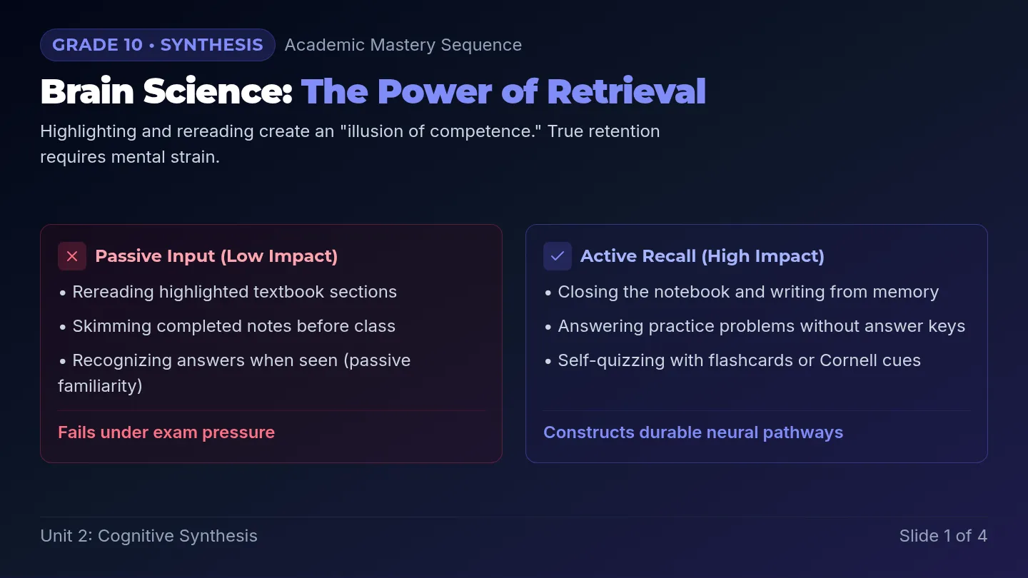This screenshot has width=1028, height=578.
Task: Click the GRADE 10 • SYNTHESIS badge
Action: pos(157,45)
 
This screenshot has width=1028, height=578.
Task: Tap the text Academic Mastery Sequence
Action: pos(403,45)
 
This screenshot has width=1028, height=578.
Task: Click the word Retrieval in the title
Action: pos(627,91)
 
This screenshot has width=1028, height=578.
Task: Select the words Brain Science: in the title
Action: pos(166,91)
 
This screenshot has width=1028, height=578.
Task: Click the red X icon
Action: pos(72,256)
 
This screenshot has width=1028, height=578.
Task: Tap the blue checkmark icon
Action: pos(558,256)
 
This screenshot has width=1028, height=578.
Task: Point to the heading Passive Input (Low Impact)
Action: pos(216,256)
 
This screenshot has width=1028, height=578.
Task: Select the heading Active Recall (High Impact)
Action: pos(702,256)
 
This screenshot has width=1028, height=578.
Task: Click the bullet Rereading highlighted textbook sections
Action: pos(228,292)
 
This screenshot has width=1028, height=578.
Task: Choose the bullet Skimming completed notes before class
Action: pos(228,326)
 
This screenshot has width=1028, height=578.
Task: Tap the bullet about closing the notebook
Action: pos(742,292)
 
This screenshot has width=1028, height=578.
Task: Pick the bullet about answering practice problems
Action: pos(755,326)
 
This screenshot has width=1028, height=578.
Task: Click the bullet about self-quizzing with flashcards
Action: pos(733,360)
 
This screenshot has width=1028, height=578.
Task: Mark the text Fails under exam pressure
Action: pos(166,432)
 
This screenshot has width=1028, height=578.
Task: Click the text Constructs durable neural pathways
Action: pos(693,432)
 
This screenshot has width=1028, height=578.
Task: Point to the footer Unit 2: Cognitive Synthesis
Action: pos(148,536)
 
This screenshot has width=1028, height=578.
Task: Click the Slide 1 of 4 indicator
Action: pos(943,536)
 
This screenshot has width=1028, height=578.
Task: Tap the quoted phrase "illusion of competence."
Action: pos(440,131)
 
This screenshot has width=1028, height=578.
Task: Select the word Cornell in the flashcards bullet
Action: pos(848,360)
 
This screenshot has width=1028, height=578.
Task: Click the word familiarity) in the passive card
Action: pos(100,386)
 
